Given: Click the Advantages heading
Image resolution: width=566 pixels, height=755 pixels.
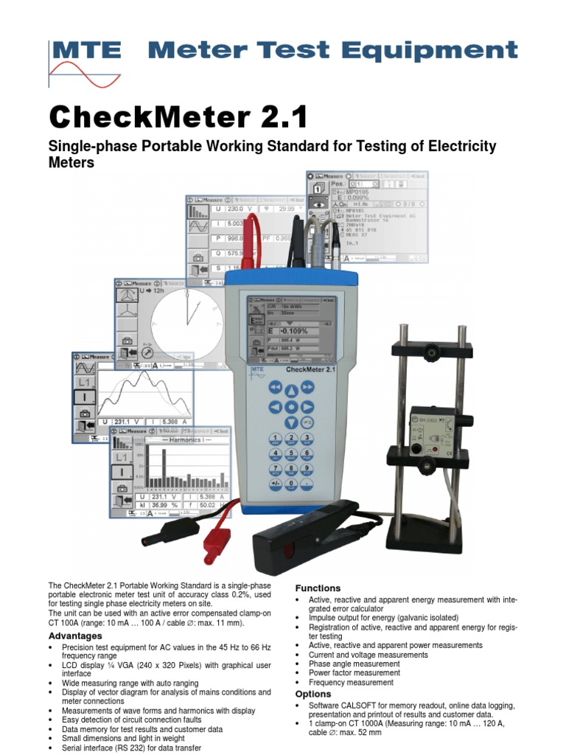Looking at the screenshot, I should (75, 636).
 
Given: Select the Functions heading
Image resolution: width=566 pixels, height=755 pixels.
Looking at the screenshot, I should (318, 588).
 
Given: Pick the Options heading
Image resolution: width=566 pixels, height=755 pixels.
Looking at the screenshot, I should (313, 694).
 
